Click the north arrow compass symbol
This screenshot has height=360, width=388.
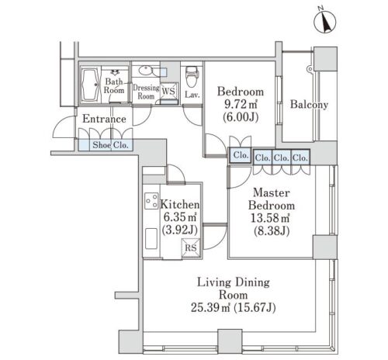pos(325,21)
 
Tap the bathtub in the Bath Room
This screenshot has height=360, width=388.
pos(90,85)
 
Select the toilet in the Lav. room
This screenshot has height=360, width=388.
pos(192,76)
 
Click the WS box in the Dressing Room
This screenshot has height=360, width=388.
pos(169,91)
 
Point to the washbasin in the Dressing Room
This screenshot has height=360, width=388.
pos(145,71)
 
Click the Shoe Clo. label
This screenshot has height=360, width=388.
pos(110,145)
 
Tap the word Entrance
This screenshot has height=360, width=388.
pos(104,119)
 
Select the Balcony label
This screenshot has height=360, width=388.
pos(309,104)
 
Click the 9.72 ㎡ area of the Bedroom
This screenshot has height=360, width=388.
pos(241,104)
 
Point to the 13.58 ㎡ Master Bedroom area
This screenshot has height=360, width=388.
pos(270,218)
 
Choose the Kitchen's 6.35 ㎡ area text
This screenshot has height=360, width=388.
pos(180,217)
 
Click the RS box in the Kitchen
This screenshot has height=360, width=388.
pos(191,247)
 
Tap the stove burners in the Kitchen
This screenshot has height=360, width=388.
pos(151,201)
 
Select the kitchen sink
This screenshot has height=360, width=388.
pos(151,238)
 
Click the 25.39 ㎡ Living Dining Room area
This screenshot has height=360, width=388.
pos(211,308)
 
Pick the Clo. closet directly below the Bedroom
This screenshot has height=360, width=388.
pos(241,155)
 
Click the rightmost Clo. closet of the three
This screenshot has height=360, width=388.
pos(300,157)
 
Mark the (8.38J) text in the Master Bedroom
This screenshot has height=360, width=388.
pos(272,230)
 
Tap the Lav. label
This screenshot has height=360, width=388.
pos(192,95)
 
